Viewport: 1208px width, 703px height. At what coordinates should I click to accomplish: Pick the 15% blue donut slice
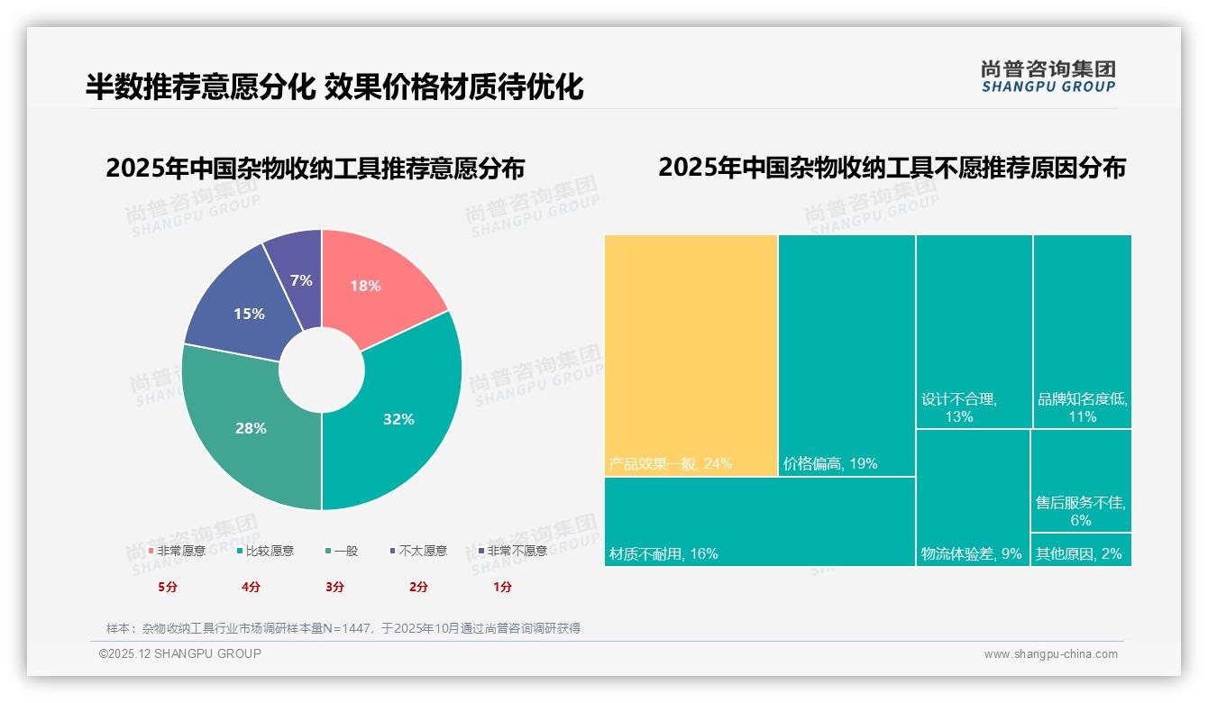[x=243, y=311]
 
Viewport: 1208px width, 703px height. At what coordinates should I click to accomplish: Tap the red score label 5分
[x=169, y=587]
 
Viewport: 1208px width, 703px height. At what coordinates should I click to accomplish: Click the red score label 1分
[x=502, y=587]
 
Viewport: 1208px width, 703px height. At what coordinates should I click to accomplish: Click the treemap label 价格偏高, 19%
[x=830, y=464]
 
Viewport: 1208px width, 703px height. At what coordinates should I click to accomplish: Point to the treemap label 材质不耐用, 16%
[x=663, y=553]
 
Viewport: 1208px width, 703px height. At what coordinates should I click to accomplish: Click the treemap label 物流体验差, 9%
[x=971, y=553]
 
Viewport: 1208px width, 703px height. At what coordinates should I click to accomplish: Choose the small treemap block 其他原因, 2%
[x=1080, y=553]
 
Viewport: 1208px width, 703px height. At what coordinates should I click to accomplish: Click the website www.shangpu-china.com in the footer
[x=1050, y=654]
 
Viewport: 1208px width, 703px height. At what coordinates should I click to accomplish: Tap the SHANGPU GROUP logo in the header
[x=1048, y=77]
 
